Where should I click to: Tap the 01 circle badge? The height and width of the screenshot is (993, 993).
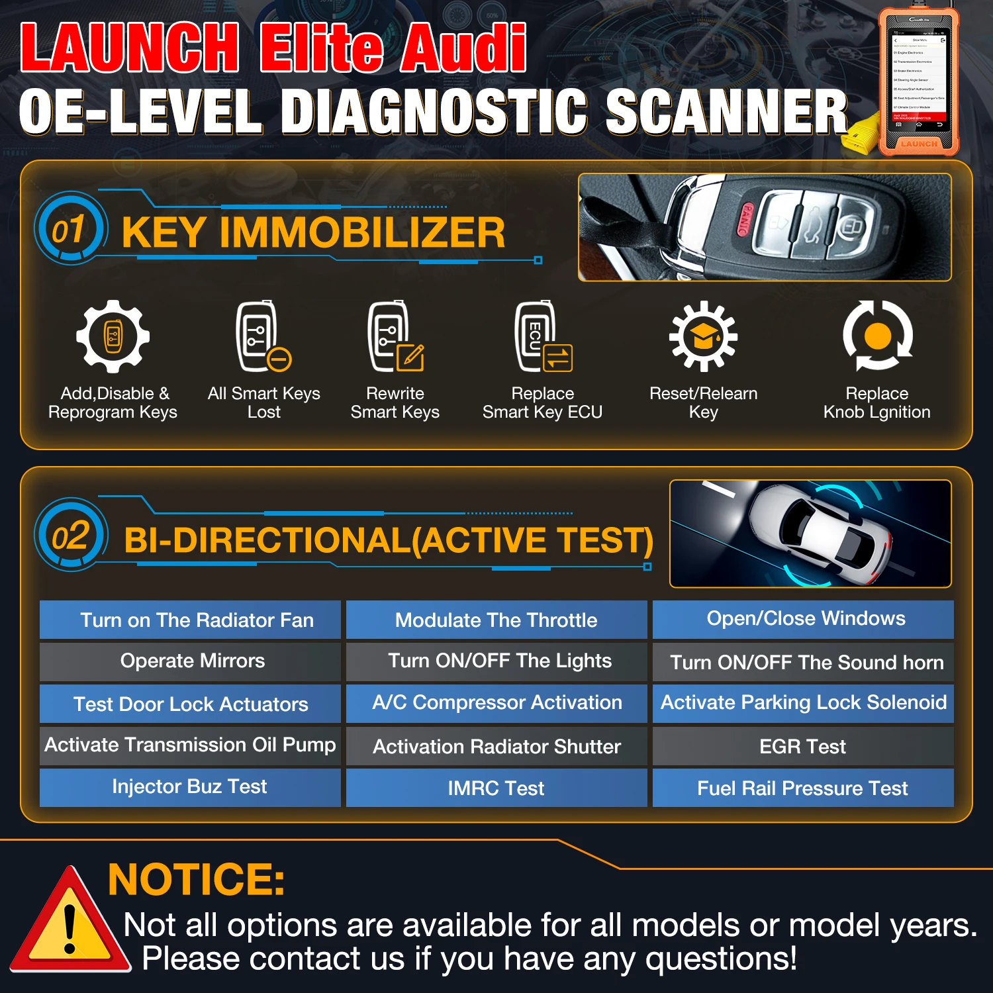pyautogui.click(x=70, y=228)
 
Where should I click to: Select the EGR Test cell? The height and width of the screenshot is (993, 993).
pyautogui.click(x=802, y=747)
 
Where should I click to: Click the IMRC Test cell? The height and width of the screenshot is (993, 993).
pyautogui.click(x=496, y=788)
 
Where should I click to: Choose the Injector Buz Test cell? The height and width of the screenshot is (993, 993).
pyautogui.click(x=190, y=786)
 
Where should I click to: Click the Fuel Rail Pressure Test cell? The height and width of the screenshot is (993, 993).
pyautogui.click(x=802, y=788)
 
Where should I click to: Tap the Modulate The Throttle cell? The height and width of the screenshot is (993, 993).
pyautogui.click(x=496, y=620)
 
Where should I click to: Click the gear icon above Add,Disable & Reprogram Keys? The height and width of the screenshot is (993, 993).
pyautogui.click(x=113, y=336)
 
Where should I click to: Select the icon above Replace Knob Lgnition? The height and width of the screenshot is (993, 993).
pyautogui.click(x=877, y=336)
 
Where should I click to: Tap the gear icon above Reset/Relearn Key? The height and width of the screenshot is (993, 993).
pyautogui.click(x=703, y=336)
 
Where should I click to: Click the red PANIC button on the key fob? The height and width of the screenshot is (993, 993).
pyautogui.click(x=745, y=219)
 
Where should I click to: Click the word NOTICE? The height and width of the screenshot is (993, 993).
pyautogui.click(x=197, y=879)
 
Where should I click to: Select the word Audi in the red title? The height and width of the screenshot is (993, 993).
pyautogui.click(x=463, y=48)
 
